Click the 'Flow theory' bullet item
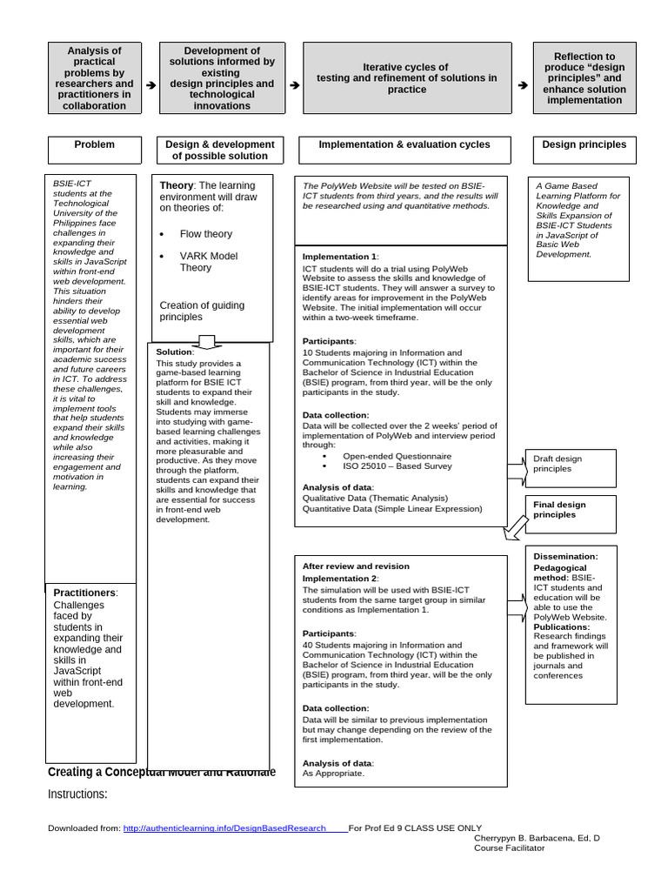click(x=205, y=234)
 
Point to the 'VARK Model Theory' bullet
click(x=208, y=262)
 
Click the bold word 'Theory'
click(x=176, y=185)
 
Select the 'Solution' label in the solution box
click(x=174, y=352)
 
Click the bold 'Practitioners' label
click(x=85, y=593)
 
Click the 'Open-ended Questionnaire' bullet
click(x=397, y=455)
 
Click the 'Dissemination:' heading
click(x=565, y=556)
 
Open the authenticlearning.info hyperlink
click(x=224, y=828)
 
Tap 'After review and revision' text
click(x=356, y=566)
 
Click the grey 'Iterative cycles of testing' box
click(x=406, y=78)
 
